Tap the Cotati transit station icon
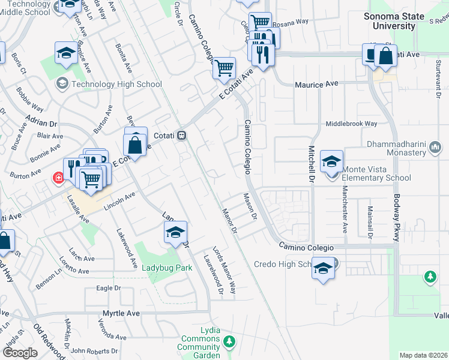(x=181, y=136)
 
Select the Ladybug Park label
(x=167, y=268)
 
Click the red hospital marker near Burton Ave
(x=58, y=178)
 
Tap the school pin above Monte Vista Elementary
(x=331, y=161)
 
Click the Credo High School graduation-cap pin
(x=323, y=269)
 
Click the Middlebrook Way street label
(x=351, y=124)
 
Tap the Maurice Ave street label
(x=316, y=85)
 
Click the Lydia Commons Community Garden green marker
(x=228, y=342)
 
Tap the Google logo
(x=20, y=353)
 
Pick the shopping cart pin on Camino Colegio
(x=224, y=68)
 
